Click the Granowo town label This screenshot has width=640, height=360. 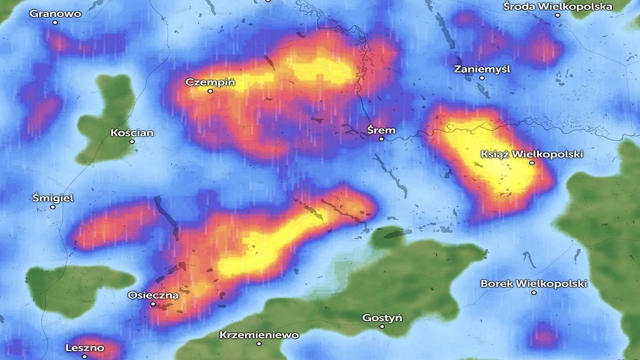[55, 14]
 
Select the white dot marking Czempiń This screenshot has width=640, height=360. [210, 91]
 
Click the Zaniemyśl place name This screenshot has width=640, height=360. [482, 69]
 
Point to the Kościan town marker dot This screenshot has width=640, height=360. [132, 141]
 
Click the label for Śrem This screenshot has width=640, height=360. [381, 130]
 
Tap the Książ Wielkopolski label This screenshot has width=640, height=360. [532, 154]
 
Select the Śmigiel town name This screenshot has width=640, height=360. [53, 198]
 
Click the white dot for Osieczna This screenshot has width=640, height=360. [153, 304]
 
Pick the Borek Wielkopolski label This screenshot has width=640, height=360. [533, 284]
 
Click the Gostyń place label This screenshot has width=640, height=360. [382, 318]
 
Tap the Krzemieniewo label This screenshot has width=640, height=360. [259, 335]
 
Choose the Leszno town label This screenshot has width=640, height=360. [85, 348]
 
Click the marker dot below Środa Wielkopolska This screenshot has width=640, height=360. [558, 15]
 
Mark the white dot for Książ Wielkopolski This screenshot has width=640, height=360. [532, 163]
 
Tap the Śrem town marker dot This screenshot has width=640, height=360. [381, 139]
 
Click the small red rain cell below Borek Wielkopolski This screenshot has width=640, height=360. [543, 336]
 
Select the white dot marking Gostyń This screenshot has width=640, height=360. [382, 326]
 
